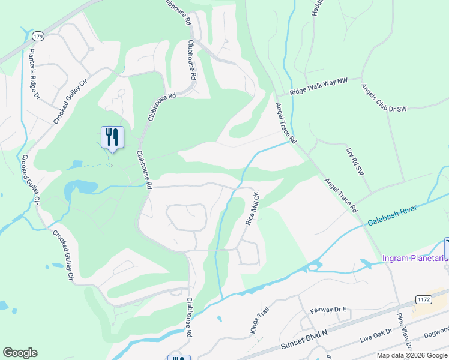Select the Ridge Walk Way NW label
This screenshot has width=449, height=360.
tap(319, 86)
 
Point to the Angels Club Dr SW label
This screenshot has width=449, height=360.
tap(384, 97)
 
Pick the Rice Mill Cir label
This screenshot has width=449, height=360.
tap(252, 208)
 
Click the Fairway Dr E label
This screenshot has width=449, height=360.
tap(329, 310)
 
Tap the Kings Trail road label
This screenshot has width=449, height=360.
tap(257, 319)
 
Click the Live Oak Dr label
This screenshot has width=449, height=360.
tap(376, 335)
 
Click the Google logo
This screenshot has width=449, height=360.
tap(20, 353)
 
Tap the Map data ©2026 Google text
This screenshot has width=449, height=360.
tap(412, 355)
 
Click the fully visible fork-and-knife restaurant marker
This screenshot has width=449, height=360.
tap(112, 137)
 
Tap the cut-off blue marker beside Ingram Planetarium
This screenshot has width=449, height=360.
tap(446, 247)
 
